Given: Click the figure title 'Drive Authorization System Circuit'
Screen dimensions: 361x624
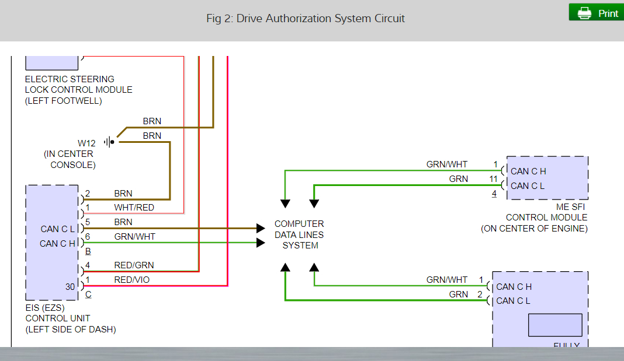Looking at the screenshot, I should coord(306,18).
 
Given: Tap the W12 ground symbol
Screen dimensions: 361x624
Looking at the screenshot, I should coord(109,142).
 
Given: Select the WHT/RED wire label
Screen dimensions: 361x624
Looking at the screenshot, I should coord(134,208).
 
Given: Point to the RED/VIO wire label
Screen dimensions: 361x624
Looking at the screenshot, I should coord(131,280).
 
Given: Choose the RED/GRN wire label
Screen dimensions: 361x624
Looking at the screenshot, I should coord(134,265).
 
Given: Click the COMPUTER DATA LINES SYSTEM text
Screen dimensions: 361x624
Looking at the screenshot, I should coord(300,234).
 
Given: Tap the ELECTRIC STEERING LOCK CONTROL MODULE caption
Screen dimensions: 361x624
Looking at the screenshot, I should coord(78,90).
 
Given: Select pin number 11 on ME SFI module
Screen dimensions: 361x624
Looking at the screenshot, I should coord(494,179).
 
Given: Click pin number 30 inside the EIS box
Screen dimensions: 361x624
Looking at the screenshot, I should coord(70,286).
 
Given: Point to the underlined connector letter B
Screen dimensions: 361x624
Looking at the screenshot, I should coord(88,251).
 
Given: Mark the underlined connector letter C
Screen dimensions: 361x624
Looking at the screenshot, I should coord(88,295).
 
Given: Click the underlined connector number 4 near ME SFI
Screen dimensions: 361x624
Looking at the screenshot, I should coord(494,194).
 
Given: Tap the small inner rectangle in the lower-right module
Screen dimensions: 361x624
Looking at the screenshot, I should coord(555,325).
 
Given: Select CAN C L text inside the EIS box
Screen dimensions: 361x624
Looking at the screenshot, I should coord(58,229).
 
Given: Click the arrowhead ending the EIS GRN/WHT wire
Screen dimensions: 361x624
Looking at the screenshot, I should coord(261,243).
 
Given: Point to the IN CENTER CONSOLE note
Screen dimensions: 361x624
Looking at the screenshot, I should coord(70,159).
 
